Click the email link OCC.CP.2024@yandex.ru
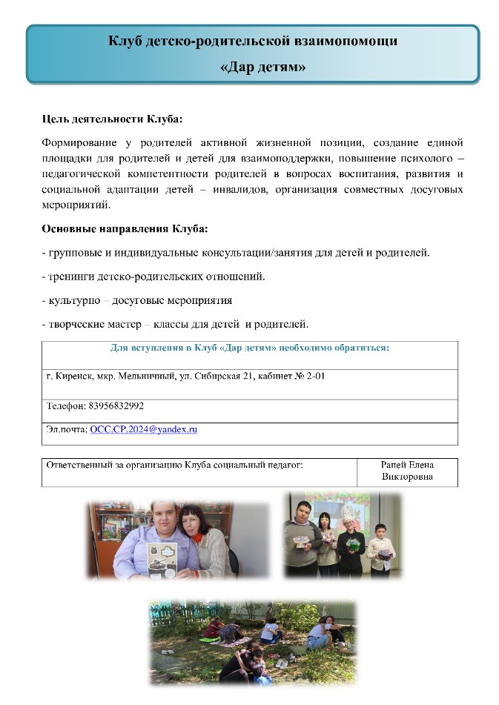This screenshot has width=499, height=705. click(144, 429)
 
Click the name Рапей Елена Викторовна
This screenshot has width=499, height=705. click(407, 471)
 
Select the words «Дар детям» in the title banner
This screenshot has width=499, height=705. click(264, 67)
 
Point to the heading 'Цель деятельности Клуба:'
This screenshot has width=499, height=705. click(111, 119)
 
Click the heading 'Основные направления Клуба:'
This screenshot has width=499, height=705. click(125, 228)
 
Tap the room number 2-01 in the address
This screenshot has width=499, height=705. click(315, 377)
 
